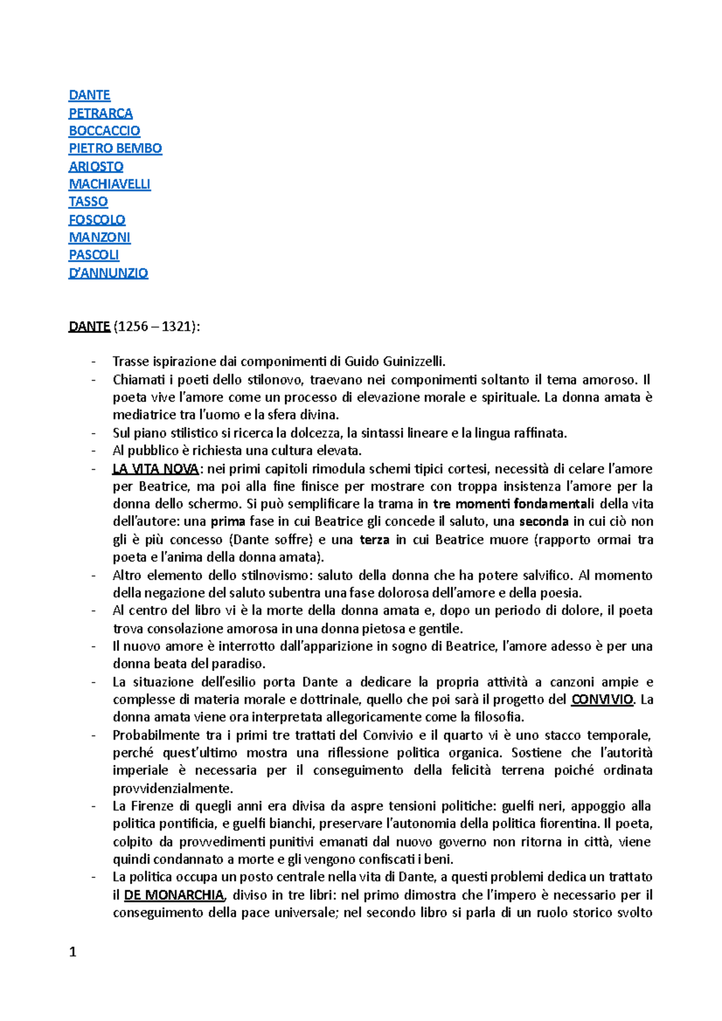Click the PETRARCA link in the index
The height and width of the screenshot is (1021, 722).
pos(100,113)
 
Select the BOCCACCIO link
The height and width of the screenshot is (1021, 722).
pos(104,130)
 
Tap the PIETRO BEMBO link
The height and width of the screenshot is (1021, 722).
pos(115,148)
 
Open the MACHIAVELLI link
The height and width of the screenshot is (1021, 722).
pos(110,184)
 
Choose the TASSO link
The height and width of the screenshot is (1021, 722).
pos(88,201)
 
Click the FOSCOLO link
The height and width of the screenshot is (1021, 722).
pos(97,219)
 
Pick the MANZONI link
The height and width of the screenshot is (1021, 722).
pos(99,237)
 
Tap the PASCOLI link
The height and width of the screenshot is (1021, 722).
pos(94,255)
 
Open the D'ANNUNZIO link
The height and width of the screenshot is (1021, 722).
pos(108,273)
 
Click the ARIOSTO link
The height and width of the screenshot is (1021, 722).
pos(96,166)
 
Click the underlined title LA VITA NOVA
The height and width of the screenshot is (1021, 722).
pos(155,469)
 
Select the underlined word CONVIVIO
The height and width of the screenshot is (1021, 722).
pos(602,699)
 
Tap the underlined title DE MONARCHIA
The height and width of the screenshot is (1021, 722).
pos(174,895)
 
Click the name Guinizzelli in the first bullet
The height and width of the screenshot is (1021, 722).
pos(415,361)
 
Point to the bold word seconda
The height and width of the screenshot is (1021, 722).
pos(544,521)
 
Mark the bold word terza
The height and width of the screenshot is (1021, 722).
pos(374,539)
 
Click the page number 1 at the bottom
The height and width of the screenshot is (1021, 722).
pos(73,952)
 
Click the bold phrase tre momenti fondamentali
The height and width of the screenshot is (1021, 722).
pos(513,504)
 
